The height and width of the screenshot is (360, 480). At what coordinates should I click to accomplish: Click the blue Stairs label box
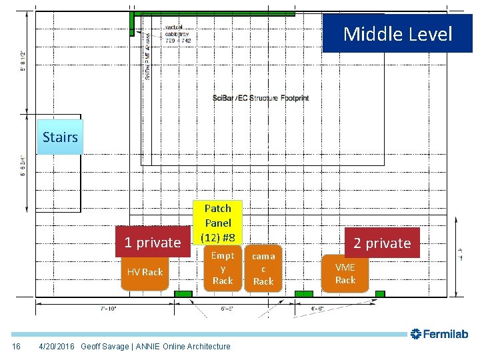60,137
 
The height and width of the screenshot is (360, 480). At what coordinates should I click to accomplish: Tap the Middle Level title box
397,33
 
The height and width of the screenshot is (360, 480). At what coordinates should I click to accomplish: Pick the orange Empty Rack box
223,268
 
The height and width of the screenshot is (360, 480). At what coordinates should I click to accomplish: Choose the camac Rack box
263,269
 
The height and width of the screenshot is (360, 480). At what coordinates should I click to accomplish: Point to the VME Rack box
345,273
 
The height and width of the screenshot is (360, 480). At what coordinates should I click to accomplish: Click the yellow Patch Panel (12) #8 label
218,223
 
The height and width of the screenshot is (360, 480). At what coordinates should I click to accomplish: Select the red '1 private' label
152,243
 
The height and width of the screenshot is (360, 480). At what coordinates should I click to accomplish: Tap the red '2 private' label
382,243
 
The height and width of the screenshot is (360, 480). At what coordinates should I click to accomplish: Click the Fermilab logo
440,333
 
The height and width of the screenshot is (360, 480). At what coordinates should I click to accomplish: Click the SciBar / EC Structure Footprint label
261,98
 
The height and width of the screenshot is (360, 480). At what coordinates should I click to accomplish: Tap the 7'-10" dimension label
109,309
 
